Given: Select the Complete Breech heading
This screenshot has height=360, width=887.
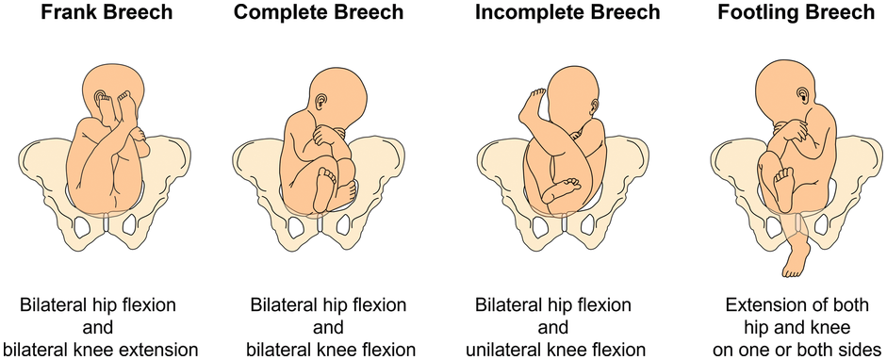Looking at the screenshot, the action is (x=319, y=13).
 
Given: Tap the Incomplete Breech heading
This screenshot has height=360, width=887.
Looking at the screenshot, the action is (x=567, y=13).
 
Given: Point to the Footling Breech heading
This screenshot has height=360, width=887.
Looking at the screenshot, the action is (x=797, y=13).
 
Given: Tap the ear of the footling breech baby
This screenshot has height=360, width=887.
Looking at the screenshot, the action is (x=803, y=94).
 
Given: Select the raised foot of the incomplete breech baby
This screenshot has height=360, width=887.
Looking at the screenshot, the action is (x=532, y=106).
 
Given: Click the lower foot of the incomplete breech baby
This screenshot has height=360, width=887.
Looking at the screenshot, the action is (x=561, y=189).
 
